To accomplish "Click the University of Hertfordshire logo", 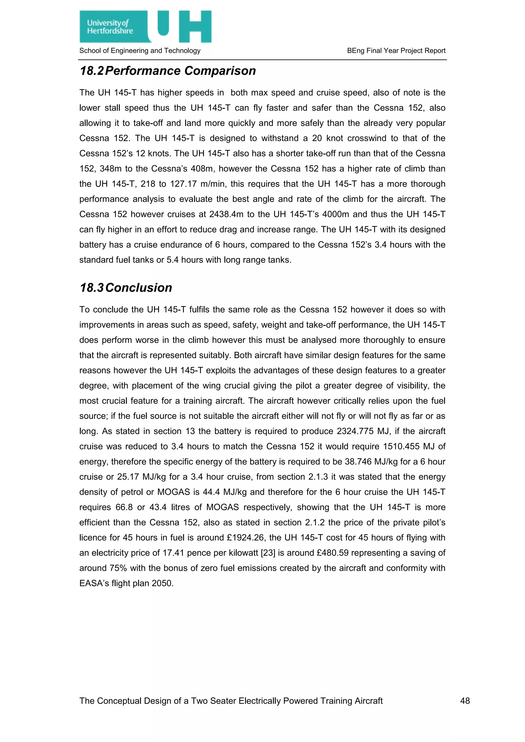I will pyautogui.click(x=145, y=26).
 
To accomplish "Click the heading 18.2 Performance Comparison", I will pyautogui.click(x=167, y=71).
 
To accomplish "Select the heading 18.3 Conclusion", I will pyautogui.click(x=126, y=288).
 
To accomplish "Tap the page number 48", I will pyautogui.click(x=465, y=701).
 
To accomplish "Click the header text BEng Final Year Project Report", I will pyautogui.click(x=396, y=51).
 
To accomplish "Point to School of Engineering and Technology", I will pyautogui.click(x=140, y=51).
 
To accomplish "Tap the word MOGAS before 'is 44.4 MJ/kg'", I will pyautogui.click(x=174, y=492).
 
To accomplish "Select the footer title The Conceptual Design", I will pyautogui.click(x=231, y=701).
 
